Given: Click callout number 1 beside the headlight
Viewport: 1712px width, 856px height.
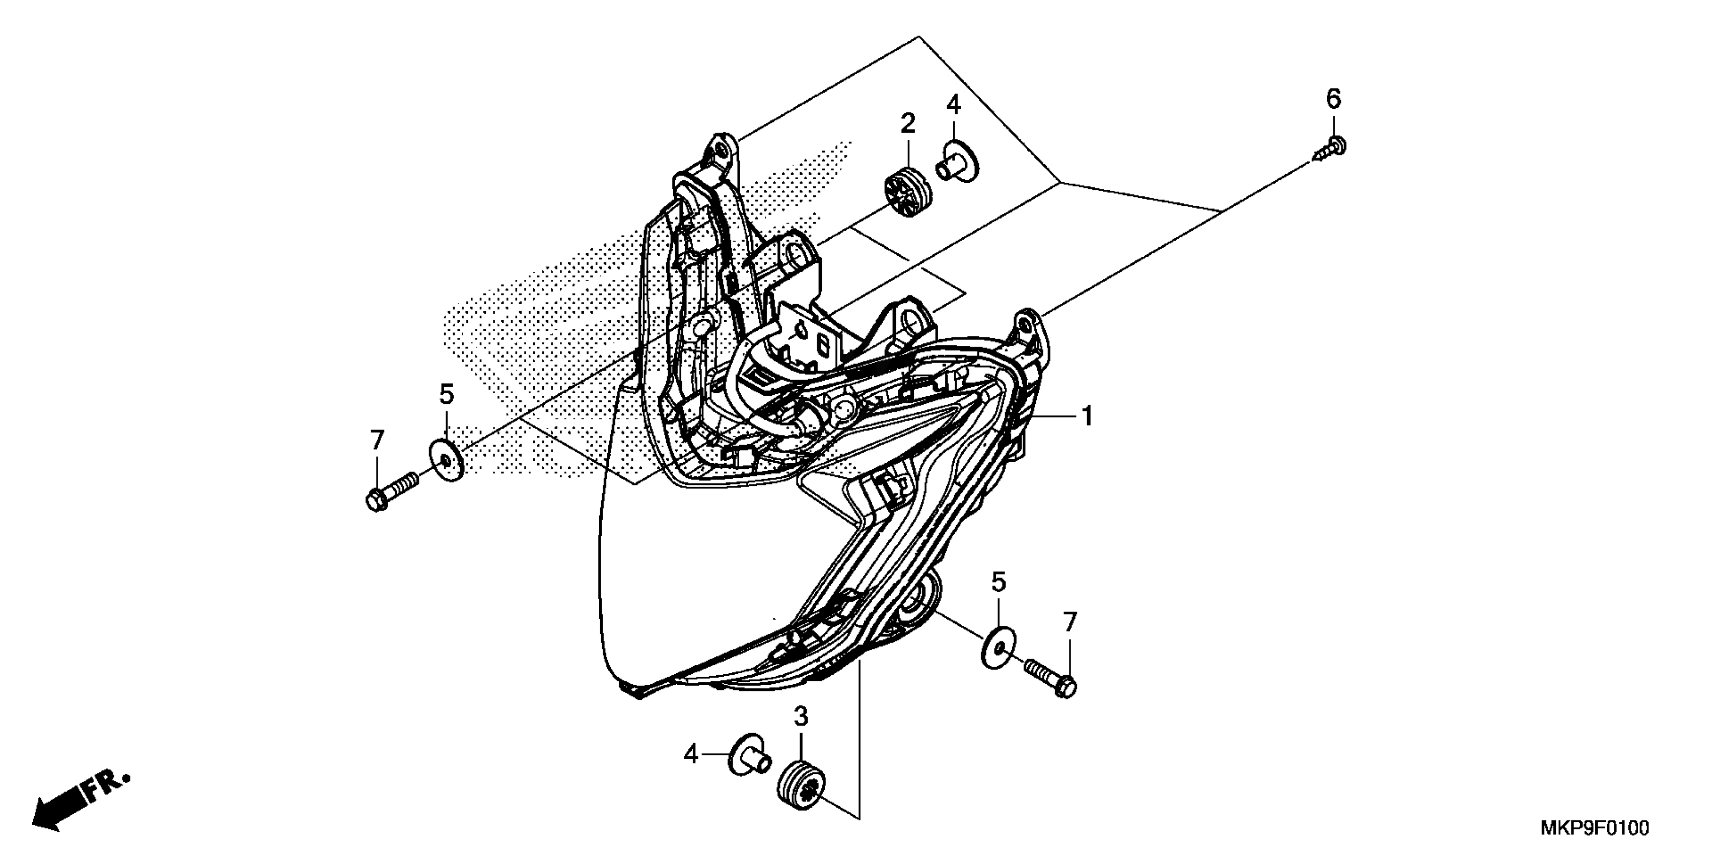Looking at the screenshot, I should [x=1087, y=417].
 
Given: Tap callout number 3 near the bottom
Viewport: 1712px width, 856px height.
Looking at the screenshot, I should [x=801, y=717].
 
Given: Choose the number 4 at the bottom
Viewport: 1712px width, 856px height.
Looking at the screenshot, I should [x=691, y=755].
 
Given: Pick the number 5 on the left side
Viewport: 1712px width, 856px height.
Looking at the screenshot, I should [x=447, y=395].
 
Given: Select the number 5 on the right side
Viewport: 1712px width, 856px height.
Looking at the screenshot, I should [x=998, y=582].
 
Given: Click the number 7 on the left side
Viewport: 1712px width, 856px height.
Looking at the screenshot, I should [x=377, y=440].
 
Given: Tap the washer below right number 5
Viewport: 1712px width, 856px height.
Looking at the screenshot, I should [x=998, y=646].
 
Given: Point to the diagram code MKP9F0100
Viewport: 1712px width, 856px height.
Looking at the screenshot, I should [x=1595, y=829].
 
